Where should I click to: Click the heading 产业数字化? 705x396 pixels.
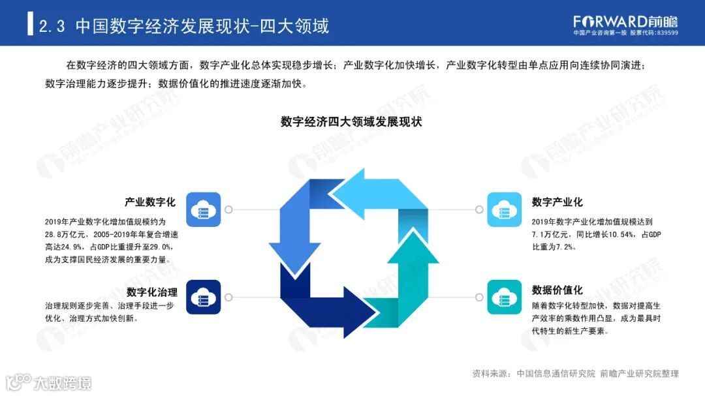click(150, 202)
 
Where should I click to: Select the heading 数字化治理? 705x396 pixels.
click(151, 292)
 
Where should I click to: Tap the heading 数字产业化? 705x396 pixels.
click(557, 202)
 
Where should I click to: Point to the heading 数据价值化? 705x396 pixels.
click(557, 290)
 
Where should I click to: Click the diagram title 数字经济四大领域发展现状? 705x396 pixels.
click(352, 122)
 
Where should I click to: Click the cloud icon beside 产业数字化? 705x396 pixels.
click(203, 209)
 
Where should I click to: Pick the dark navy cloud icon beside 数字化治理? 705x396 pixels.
click(203, 297)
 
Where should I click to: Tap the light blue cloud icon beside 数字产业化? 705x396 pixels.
click(505, 209)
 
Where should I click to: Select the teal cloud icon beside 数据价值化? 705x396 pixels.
click(505, 297)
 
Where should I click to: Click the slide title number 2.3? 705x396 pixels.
click(53, 26)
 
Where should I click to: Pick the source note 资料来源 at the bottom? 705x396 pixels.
click(490, 374)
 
